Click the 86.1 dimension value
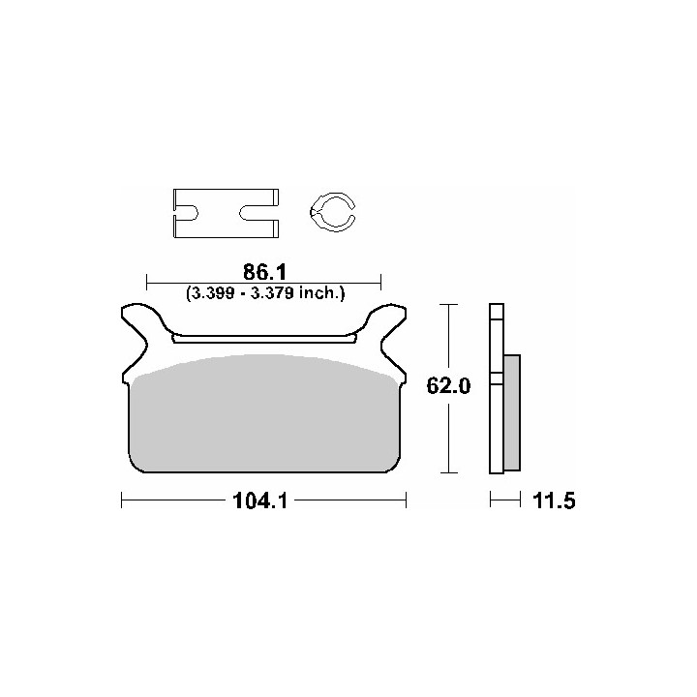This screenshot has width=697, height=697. (x=264, y=272)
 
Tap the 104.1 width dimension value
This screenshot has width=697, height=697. (x=260, y=501)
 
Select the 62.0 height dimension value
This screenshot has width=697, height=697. (x=448, y=385)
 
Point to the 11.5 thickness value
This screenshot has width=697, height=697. (x=554, y=501)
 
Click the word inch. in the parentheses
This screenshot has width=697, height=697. (x=321, y=293)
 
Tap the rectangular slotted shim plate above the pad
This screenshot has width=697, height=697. (x=227, y=191)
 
